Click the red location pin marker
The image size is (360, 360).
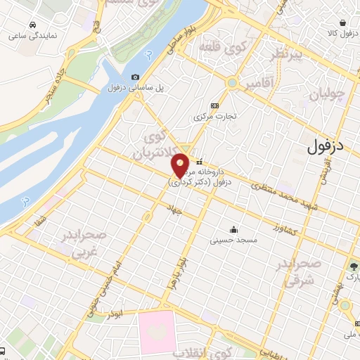click(x=181, y=165)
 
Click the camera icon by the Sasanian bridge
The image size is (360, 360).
click(x=135, y=77)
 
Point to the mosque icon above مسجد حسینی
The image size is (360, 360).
click(x=233, y=229)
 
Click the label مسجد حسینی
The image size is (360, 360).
click(x=233, y=240)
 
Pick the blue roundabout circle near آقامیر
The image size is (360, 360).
click(x=231, y=84)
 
